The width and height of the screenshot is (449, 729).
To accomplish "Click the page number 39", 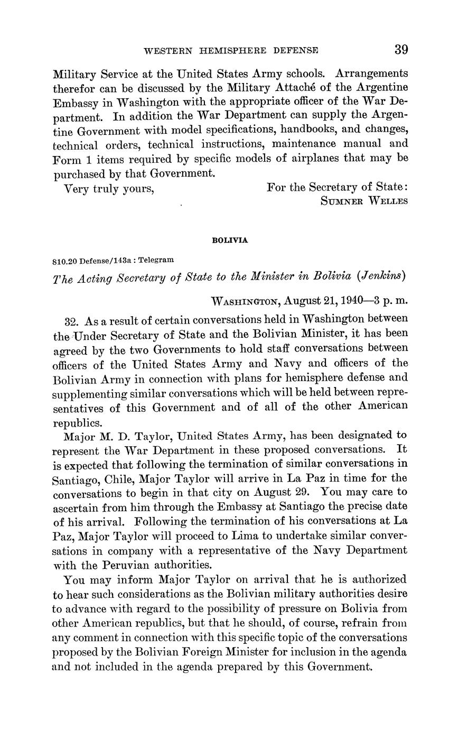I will pos(400,50).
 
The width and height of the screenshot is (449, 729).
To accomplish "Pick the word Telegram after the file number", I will pos(156,260).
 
